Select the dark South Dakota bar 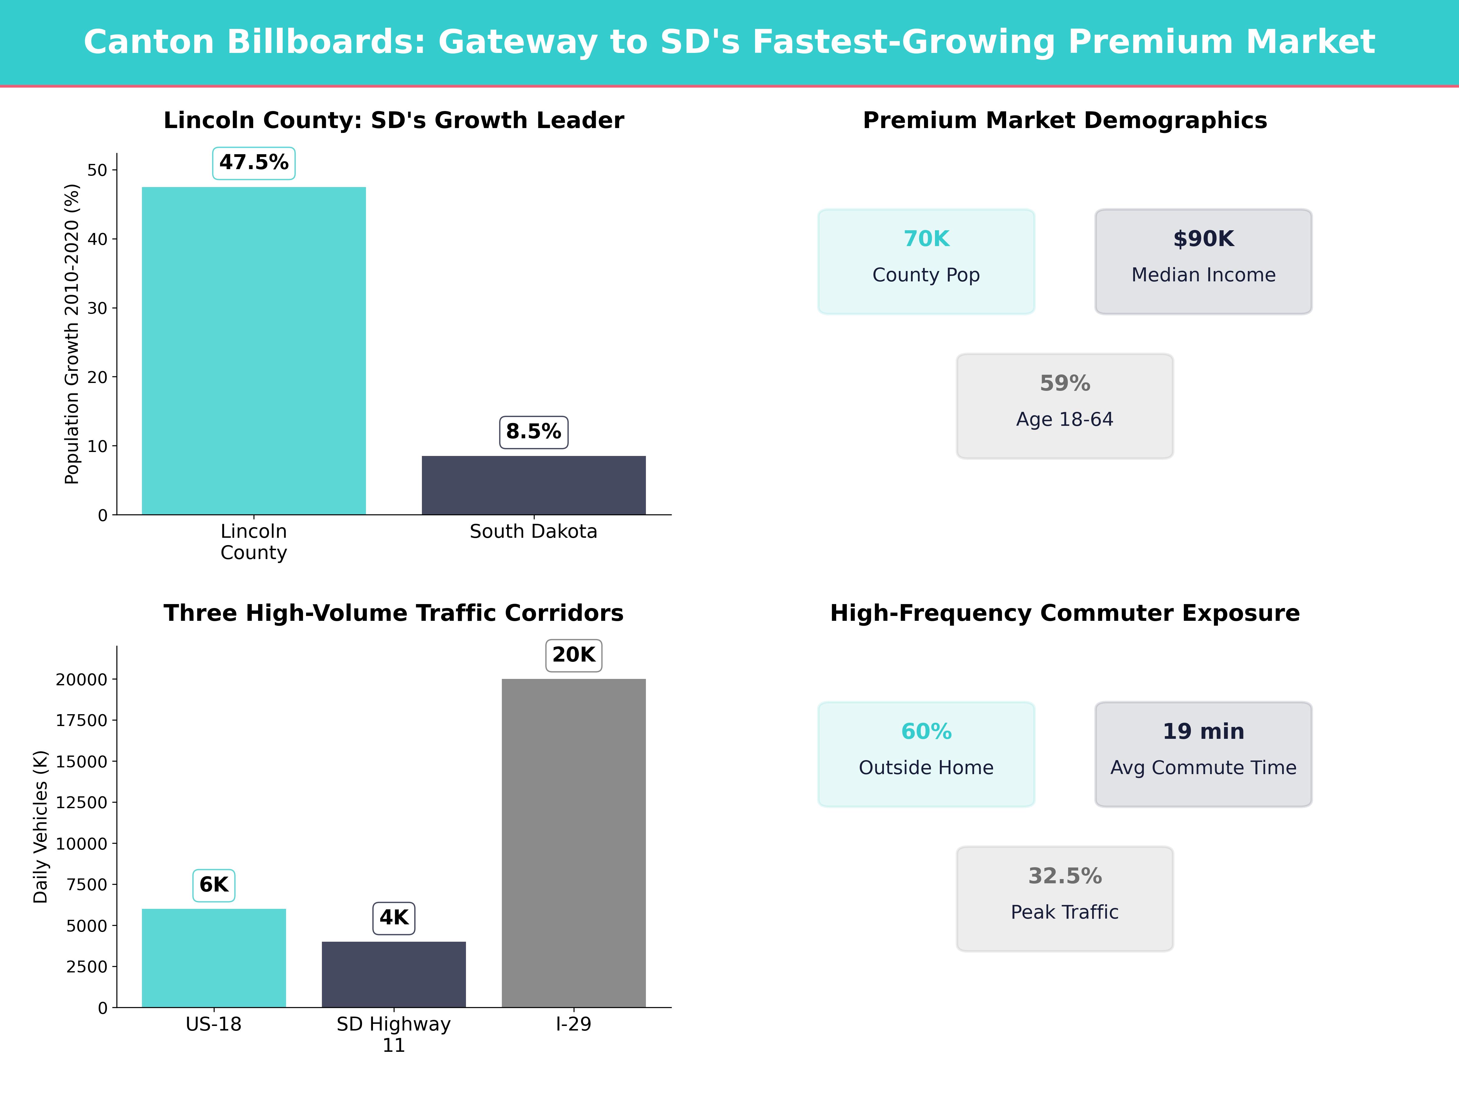point(534,485)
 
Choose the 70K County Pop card point(926,261)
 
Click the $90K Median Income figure point(1203,239)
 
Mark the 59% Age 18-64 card point(1064,406)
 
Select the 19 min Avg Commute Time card point(1203,754)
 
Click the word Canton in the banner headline point(149,42)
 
